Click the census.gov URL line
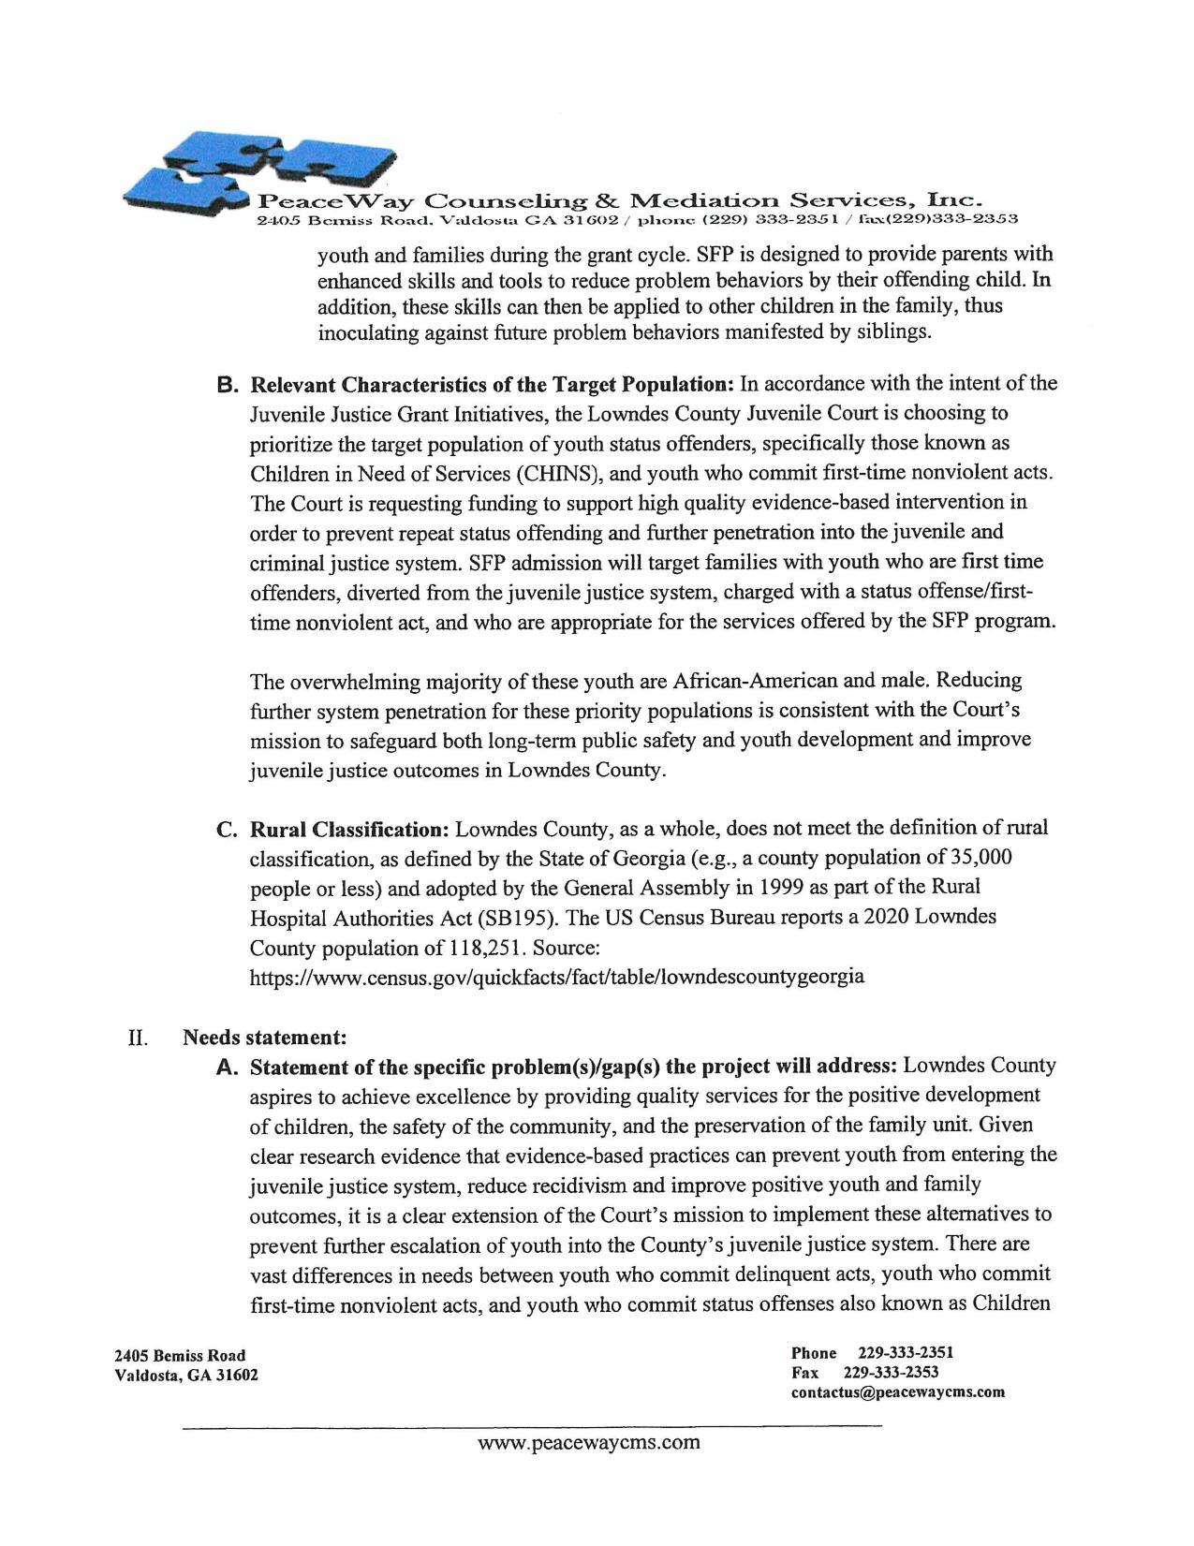(x=556, y=978)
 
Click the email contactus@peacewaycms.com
(x=897, y=1392)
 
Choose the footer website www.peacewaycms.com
(x=588, y=1442)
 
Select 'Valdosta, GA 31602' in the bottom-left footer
(x=185, y=1376)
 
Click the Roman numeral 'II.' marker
(x=139, y=1038)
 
